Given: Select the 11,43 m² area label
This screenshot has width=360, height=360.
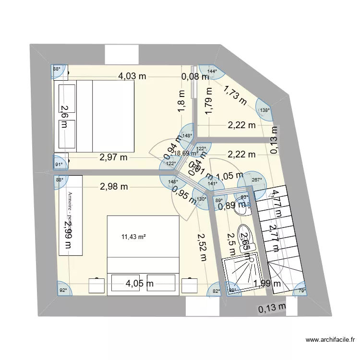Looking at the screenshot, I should point(133,237).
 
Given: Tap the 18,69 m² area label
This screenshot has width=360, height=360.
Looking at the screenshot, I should point(186,154).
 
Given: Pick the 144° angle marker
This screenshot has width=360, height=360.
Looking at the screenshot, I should point(212,72).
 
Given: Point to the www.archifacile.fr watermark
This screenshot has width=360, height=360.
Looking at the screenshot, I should point(331,340).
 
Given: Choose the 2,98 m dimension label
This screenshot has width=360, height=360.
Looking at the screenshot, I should point(114,187).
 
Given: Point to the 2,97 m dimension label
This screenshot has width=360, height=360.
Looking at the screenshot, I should point(113,156).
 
